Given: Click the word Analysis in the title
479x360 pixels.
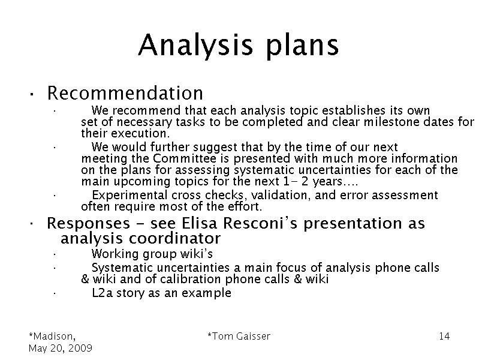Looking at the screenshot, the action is pyautogui.click(x=195, y=45).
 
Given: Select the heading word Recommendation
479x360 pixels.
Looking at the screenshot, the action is pyautogui.click(x=125, y=92).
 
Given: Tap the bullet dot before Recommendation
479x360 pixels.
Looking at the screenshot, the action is pyautogui.click(x=31, y=94).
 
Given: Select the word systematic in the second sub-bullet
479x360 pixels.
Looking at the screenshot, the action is pyautogui.click(x=264, y=170).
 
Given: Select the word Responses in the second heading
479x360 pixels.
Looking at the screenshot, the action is pyautogui.click(x=88, y=224).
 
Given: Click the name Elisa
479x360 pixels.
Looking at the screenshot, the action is pyautogui.click(x=199, y=223).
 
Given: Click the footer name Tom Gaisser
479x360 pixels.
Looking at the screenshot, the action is pyautogui.click(x=239, y=336).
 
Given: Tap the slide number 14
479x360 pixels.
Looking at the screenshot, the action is pyautogui.click(x=444, y=336).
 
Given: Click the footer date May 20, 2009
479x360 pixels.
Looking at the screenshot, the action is pyautogui.click(x=61, y=348).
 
